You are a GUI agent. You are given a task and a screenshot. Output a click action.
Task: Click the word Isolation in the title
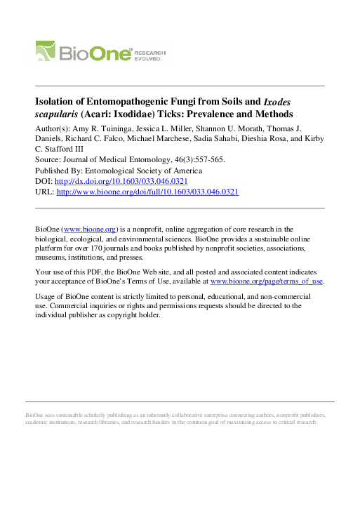point(56,101)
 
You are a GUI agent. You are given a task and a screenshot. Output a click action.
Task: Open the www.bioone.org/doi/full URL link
point(147,192)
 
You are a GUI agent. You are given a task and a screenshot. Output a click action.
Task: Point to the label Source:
point(48,160)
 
